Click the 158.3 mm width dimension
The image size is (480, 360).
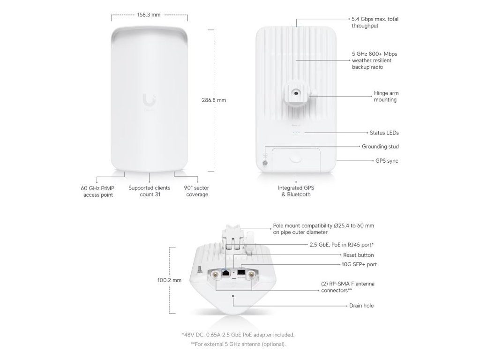pos(149,15)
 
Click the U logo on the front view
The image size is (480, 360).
pos(149,100)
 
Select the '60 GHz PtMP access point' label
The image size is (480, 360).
pos(98,191)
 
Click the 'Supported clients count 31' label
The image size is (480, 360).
pos(149,191)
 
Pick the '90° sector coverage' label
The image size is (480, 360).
pos(197,191)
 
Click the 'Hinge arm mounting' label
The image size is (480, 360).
pos(386,97)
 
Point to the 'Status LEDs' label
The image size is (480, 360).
pos(384,133)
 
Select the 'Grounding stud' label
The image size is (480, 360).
pos(380,147)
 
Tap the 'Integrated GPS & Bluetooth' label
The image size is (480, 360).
pos(296,191)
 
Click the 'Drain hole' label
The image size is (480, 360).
pos(361,306)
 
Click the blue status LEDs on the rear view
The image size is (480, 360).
pos(296,133)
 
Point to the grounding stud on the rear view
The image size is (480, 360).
pos(265,163)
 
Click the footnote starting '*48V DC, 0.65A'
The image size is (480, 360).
pos(238,335)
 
